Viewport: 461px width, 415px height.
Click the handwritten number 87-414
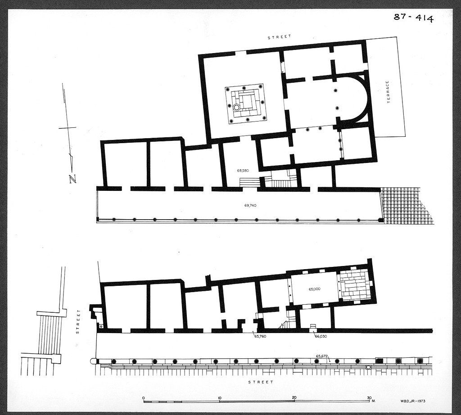tap(413, 18)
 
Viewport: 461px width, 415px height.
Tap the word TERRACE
tap(388, 92)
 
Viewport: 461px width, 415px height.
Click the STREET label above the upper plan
tap(279, 37)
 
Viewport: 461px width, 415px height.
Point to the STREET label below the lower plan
tap(261, 382)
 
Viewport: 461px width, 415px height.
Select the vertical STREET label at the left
tap(77, 321)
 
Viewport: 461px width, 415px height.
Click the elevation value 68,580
tap(243, 171)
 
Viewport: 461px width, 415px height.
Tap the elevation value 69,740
tap(250, 205)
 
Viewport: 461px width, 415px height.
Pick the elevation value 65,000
tap(314, 289)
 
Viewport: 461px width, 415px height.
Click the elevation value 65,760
tap(260, 336)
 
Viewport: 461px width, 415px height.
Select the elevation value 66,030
tap(321, 336)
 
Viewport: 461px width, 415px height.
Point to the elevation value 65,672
tap(321, 356)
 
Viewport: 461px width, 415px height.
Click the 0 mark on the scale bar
tap(144, 398)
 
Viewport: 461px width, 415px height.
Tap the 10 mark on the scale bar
tap(219, 398)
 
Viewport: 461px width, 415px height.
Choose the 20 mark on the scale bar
tap(294, 397)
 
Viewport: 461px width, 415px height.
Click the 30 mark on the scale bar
tap(370, 397)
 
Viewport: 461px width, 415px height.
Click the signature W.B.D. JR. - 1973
tap(412, 401)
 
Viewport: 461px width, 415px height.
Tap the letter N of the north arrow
tap(72, 179)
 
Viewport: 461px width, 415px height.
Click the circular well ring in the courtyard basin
tap(236, 108)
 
